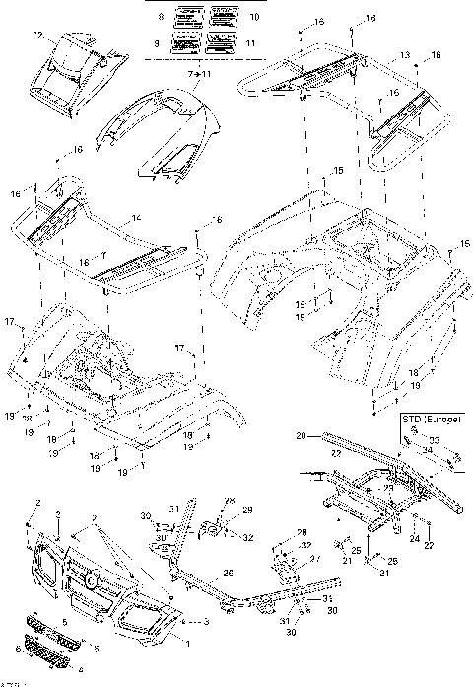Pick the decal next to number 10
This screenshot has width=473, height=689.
point(221,17)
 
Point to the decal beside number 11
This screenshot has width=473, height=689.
point(221,43)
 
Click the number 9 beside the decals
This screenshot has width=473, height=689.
point(159,44)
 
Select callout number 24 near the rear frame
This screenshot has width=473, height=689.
point(415,539)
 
